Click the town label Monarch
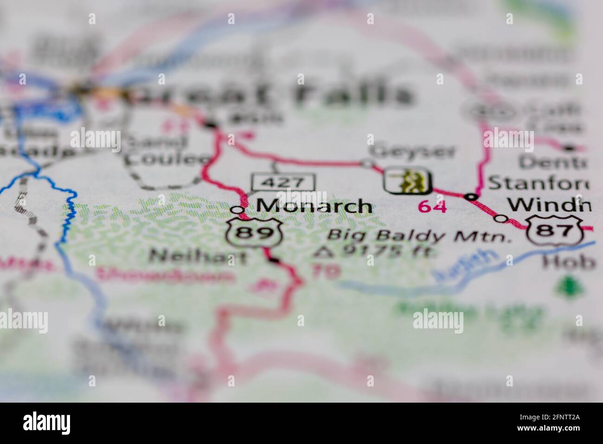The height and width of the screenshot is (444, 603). click(314, 206)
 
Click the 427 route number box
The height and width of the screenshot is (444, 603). click(283, 182)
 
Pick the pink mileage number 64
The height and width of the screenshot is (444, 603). click(432, 207)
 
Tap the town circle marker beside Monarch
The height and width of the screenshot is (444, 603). click(237, 210)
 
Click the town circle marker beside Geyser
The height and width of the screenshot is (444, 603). click(367, 163)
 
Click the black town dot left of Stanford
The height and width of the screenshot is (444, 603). click(472, 197)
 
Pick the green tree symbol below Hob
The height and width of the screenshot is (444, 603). click(566, 287)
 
